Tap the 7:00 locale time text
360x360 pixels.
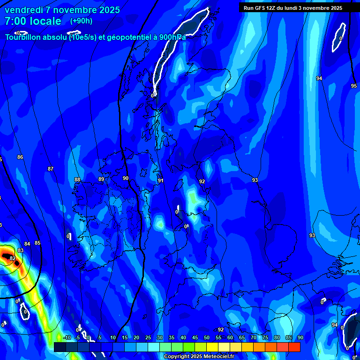[x=33, y=21]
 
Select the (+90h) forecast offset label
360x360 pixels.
[x=81, y=21]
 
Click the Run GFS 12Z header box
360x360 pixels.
[x=293, y=7]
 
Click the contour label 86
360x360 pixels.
[x=20, y=157]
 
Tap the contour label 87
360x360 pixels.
[x=51, y=169]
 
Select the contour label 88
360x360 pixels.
[x=77, y=180]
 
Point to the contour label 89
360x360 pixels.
[x=101, y=179]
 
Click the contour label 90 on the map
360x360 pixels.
[x=126, y=178]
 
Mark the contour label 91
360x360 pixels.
[x=161, y=180]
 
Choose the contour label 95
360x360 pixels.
[x=354, y=86]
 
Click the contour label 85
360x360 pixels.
[x=37, y=243]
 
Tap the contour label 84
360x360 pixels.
[x=27, y=244]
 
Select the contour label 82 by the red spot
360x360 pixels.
[x=13, y=258]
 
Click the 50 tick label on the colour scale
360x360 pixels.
[x=207, y=337]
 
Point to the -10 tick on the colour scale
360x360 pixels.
[x=67, y=337]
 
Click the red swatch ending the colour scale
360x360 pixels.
[x=294, y=347]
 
